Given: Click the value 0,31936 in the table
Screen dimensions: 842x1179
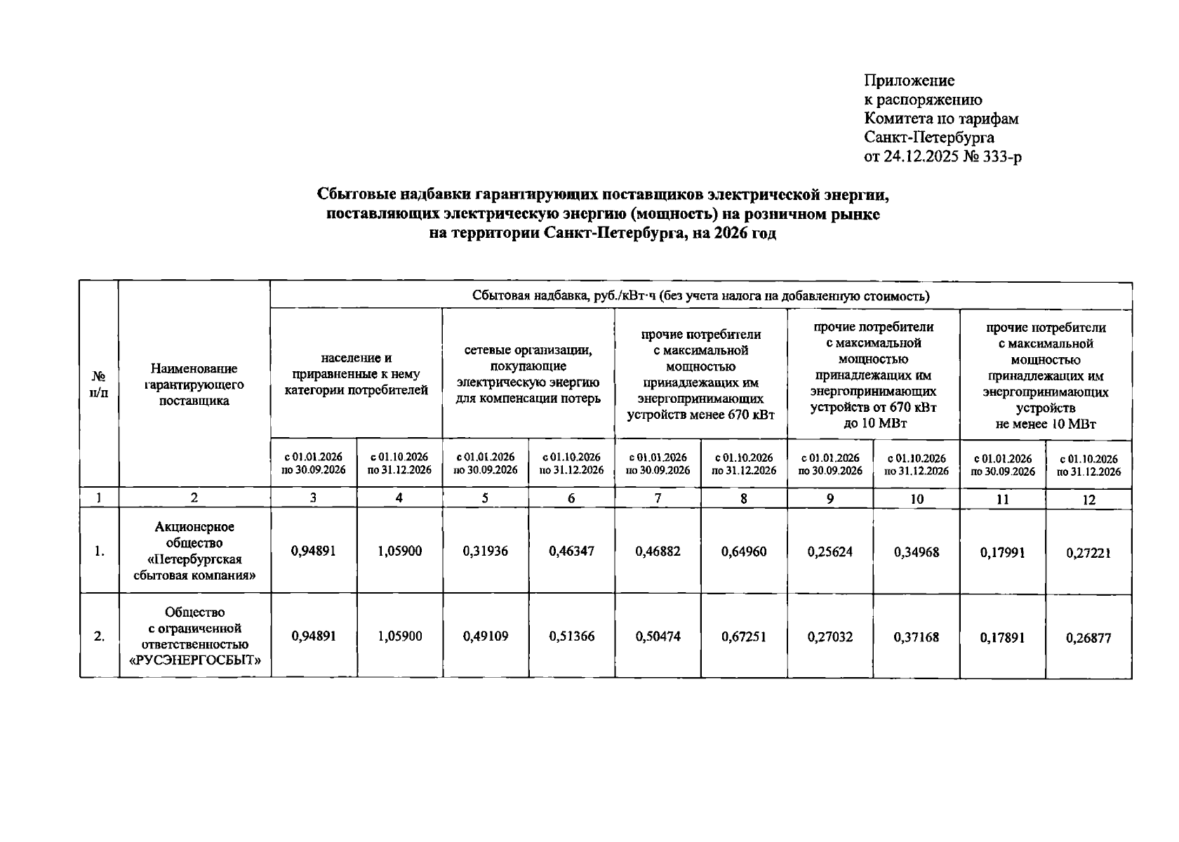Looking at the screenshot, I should click(x=486, y=552).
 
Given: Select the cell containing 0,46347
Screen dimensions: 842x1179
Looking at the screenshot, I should click(x=571, y=552).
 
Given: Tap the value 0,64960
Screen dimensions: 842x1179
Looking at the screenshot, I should click(x=744, y=552).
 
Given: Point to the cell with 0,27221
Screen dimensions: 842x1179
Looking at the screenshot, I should click(x=1088, y=553).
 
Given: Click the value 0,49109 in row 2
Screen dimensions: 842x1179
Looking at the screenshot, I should click(x=486, y=636).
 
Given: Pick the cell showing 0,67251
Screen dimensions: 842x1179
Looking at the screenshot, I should click(x=744, y=637).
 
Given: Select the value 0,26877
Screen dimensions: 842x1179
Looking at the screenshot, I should click(x=1088, y=638).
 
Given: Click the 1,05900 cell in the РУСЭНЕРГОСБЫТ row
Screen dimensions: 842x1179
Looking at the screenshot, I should click(x=399, y=636).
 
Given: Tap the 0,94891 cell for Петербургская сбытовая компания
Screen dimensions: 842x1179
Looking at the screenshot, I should click(x=313, y=552).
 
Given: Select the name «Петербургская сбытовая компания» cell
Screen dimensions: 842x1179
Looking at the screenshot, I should click(x=194, y=552).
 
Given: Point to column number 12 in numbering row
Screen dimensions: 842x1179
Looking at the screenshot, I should click(x=1088, y=500).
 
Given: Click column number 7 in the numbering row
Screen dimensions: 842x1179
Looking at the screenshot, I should click(x=658, y=498).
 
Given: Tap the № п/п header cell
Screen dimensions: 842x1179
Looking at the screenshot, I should click(x=99, y=384).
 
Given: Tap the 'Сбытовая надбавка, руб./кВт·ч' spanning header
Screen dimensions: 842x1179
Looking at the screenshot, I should click(x=700, y=296).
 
